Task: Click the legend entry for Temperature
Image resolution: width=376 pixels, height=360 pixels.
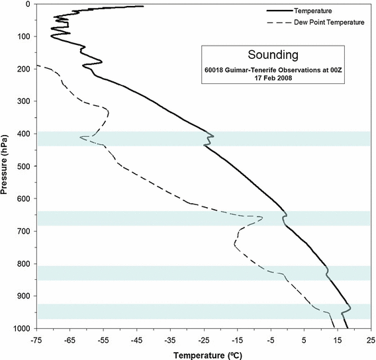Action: [312, 11]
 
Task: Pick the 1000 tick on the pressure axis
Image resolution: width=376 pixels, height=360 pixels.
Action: [23, 329]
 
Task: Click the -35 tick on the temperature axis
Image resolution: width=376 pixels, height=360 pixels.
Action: [170, 339]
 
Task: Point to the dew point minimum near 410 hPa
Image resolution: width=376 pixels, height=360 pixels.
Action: [81, 137]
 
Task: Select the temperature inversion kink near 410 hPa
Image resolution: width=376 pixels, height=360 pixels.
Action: [212, 136]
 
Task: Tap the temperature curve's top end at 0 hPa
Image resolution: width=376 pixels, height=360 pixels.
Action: [143, 6]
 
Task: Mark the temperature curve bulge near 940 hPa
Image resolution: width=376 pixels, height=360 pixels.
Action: [350, 308]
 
